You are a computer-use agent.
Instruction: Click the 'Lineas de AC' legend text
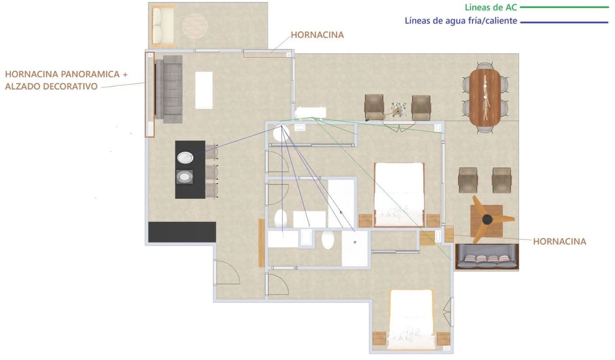click(x=490, y=8)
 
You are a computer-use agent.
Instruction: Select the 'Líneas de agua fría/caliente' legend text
click(x=461, y=22)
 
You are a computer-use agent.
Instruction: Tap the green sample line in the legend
click(x=564, y=8)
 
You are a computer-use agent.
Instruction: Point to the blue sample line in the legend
click(x=564, y=22)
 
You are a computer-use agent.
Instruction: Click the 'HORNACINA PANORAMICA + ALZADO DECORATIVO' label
click(x=66, y=81)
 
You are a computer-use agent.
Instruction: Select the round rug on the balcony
click(x=195, y=25)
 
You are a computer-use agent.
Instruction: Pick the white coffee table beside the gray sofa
click(x=204, y=90)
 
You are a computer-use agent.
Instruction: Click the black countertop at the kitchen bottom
click(x=182, y=232)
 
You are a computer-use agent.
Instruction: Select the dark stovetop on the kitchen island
click(x=185, y=177)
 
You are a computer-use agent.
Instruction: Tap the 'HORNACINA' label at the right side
click(x=559, y=241)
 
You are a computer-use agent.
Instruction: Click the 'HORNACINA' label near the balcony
click(x=317, y=35)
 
